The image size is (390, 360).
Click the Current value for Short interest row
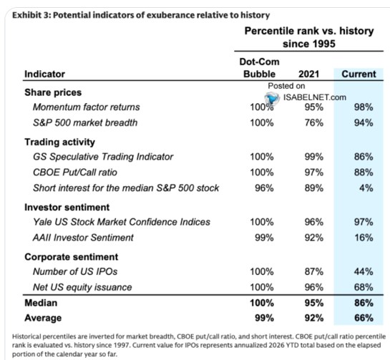[366, 188]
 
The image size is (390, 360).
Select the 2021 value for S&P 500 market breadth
[314, 122]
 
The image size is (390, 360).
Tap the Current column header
[359, 74]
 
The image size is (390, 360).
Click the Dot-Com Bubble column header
[260, 68]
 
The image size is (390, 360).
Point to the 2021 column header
[308, 74]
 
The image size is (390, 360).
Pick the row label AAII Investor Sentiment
[83, 238]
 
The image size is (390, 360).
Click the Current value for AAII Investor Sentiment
[364, 238]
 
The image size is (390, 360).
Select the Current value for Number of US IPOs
[364, 271]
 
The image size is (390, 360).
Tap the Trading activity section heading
[59, 142]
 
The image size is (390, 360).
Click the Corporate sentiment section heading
[72, 257]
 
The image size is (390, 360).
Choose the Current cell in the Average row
[364, 318]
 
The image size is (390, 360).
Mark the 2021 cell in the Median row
[314, 303]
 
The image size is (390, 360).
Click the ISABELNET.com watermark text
[315, 97]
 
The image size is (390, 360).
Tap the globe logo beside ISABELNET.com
[272, 98]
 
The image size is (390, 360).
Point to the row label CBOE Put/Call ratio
[75, 172]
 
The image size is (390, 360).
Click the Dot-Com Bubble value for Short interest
[264, 188]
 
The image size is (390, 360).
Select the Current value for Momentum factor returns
[364, 107]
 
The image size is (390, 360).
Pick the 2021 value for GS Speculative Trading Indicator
[314, 157]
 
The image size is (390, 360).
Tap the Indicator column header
[45, 74]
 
